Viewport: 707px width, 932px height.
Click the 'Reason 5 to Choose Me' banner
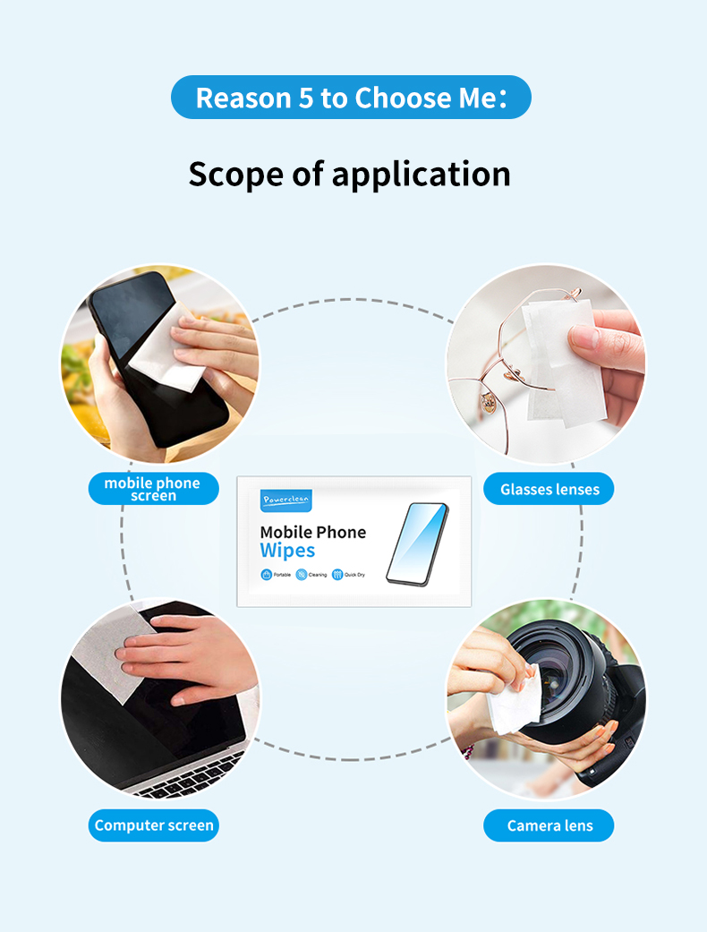(x=351, y=98)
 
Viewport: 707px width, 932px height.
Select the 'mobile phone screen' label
(x=153, y=489)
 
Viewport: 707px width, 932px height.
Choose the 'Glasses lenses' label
(x=549, y=489)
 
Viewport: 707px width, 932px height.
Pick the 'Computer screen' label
(x=154, y=825)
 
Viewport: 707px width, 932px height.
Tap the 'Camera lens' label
(x=549, y=825)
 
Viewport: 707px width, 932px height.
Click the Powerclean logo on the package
(x=285, y=500)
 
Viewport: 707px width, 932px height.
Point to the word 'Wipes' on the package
(x=287, y=551)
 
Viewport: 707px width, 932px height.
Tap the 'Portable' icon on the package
(x=267, y=575)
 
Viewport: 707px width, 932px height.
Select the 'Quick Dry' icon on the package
(x=338, y=575)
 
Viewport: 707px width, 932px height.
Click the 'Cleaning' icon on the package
(x=302, y=575)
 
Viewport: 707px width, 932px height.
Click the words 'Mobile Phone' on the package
(x=312, y=533)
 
